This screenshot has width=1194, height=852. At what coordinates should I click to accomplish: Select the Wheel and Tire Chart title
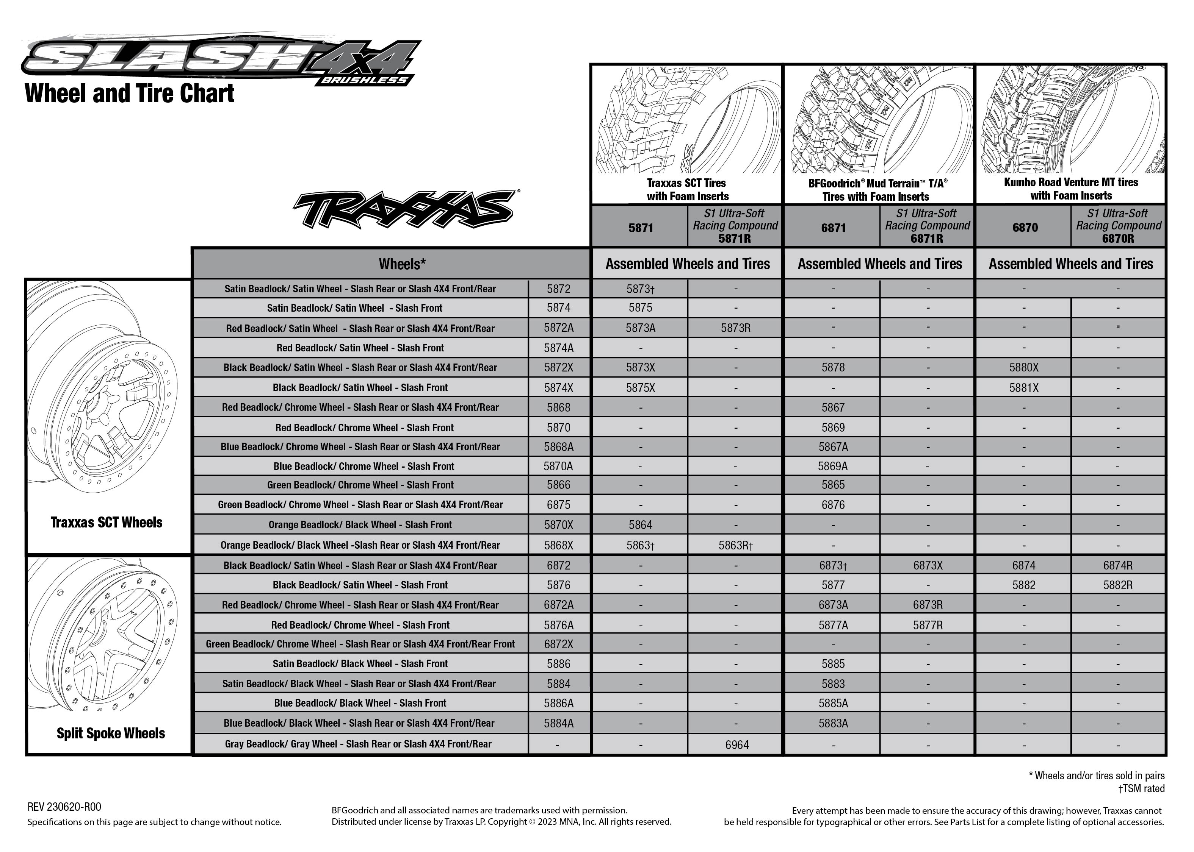pyautogui.click(x=129, y=94)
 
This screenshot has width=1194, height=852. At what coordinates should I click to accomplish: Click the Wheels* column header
pyautogui.click(x=402, y=264)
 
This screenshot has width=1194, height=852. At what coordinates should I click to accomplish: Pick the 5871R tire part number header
pyautogui.click(x=735, y=238)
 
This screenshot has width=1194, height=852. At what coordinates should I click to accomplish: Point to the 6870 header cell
pyautogui.click(x=1025, y=227)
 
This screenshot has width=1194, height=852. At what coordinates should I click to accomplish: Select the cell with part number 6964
pyautogui.click(x=736, y=744)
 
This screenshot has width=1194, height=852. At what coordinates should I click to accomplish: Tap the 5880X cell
pyautogui.click(x=1023, y=367)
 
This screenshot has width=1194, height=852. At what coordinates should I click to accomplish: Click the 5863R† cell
pyautogui.click(x=736, y=546)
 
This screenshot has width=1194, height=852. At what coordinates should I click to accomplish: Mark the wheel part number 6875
pyautogui.click(x=558, y=505)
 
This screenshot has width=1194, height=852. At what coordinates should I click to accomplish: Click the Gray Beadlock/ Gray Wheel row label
pyautogui.click(x=358, y=744)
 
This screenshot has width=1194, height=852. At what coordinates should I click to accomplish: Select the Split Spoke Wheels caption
pyautogui.click(x=111, y=733)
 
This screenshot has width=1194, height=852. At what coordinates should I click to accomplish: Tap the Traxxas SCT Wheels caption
pyautogui.click(x=107, y=522)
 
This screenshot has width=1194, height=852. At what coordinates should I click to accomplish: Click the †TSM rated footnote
pyautogui.click(x=1141, y=788)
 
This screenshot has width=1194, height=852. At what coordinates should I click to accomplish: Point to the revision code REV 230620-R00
pyautogui.click(x=64, y=807)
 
